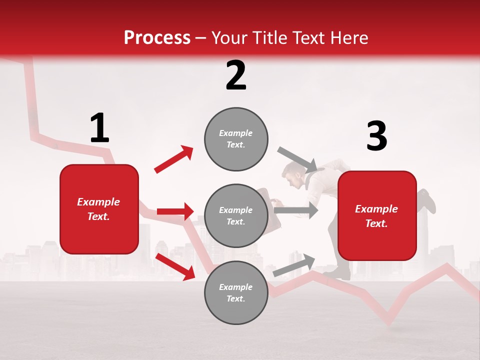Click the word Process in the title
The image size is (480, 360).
(x=157, y=38)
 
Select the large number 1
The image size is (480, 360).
(x=99, y=128)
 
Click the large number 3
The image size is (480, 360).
(x=376, y=136)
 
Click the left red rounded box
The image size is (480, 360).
(x=99, y=209)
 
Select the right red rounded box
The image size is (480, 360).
(x=377, y=215)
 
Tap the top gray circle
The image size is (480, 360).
(x=236, y=139)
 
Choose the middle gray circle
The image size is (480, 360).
(x=236, y=215)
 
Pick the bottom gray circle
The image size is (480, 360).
(x=236, y=292)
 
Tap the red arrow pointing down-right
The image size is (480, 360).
(x=175, y=266)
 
